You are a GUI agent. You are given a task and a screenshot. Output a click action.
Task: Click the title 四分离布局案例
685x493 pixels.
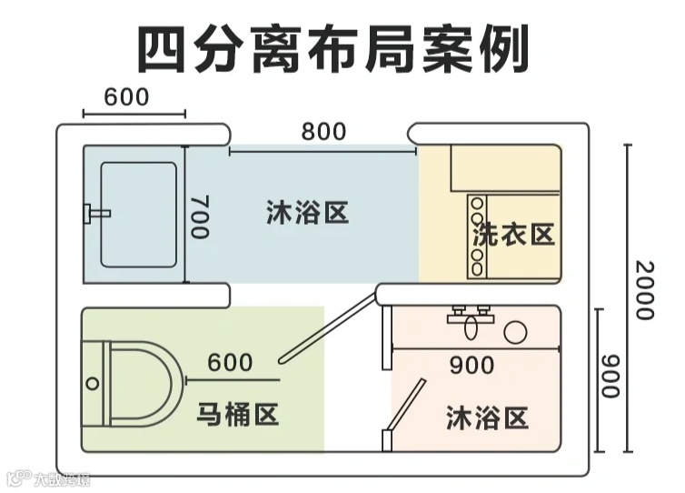pyautogui.click(x=333, y=50)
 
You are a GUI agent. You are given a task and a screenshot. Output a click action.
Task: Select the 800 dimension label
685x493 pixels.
pyautogui.click(x=323, y=132)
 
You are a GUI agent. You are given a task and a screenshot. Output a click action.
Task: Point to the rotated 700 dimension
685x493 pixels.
pyautogui.click(x=199, y=216)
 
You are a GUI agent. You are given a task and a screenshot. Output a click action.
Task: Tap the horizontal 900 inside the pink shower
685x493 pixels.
pyautogui.click(x=472, y=365)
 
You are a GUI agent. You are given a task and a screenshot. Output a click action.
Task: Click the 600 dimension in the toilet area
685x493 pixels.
pyautogui.click(x=230, y=362)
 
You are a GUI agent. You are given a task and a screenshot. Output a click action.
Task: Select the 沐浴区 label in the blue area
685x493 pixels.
pyautogui.click(x=309, y=214)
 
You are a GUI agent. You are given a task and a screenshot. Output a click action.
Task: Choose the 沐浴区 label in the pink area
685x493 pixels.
pyautogui.click(x=488, y=418)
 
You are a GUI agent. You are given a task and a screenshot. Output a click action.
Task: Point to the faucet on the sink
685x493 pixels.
pyautogui.click(x=94, y=214)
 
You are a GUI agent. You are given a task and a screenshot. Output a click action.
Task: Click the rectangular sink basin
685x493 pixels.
pyautogui.click(x=138, y=215)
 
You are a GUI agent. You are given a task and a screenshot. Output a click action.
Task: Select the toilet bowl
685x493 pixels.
pyautogui.click(x=136, y=382)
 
